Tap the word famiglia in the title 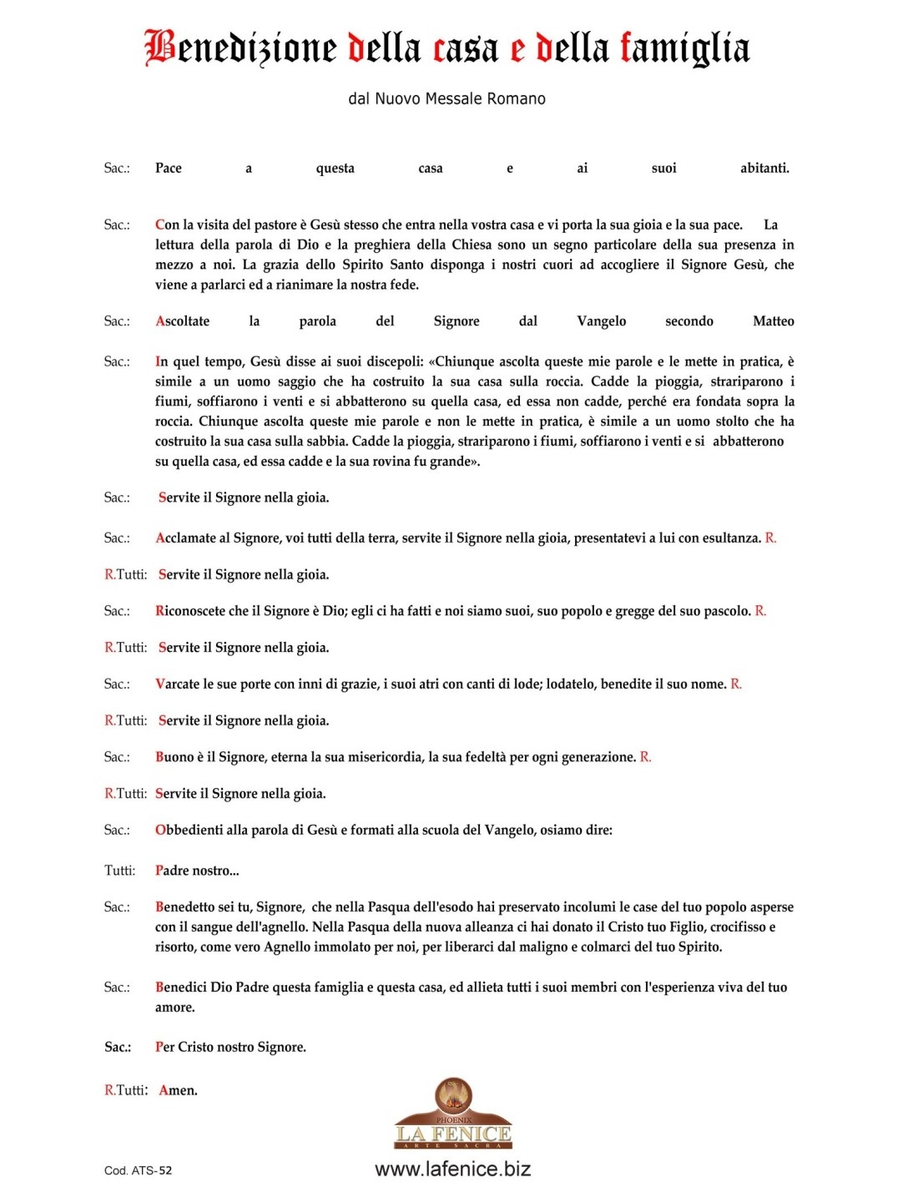(x=684, y=48)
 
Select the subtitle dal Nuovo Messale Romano (x=446, y=98)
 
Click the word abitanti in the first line (x=764, y=168)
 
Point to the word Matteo (x=773, y=321)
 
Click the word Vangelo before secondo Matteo (x=601, y=321)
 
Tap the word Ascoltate (x=183, y=321)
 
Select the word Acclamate (x=186, y=538)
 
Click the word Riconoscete (x=190, y=611)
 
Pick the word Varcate (x=179, y=684)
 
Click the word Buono (x=174, y=757)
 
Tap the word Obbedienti (x=189, y=831)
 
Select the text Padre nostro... (x=197, y=871)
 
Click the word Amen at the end (x=178, y=1090)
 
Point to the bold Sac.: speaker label (x=118, y=1047)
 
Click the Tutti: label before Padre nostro (x=120, y=871)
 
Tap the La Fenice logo (x=453, y=1114)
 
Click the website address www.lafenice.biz (x=453, y=1169)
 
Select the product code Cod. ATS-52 (x=139, y=1170)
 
